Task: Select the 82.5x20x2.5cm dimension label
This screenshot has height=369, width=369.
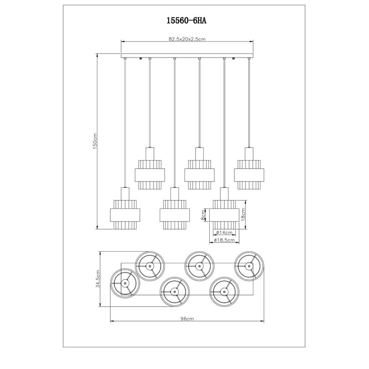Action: coord(187,39)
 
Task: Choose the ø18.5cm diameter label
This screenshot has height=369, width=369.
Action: coord(224,240)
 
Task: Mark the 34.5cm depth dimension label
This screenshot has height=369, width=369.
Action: coord(98,279)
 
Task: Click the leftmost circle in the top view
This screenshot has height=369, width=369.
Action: coord(125,283)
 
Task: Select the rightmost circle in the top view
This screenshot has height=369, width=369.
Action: coord(249,265)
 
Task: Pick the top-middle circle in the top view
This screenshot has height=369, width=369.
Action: coord(199,265)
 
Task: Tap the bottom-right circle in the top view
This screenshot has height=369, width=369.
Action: coord(224,291)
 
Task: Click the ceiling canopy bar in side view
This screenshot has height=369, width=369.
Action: coord(187,55)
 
